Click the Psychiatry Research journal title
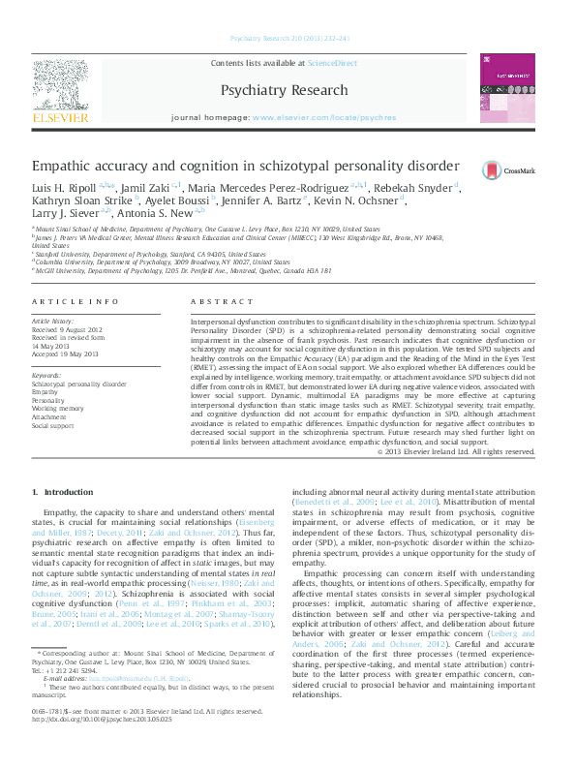[285, 90]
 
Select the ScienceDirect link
[332, 64]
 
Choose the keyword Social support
[52, 424]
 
